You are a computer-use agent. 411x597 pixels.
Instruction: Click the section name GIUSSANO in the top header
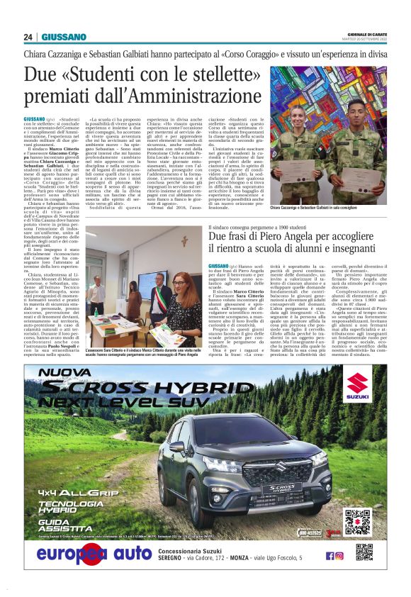click(63, 37)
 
